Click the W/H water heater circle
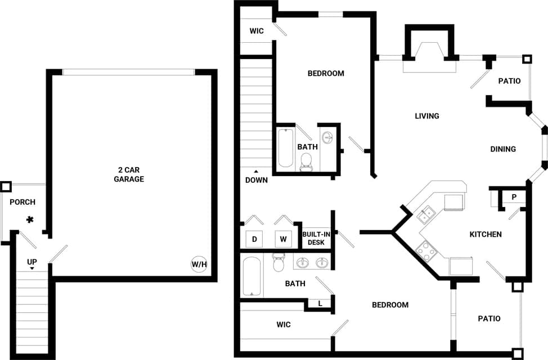(198, 264)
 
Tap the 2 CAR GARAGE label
(131, 174)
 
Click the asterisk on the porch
(29, 220)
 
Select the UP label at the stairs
(32, 262)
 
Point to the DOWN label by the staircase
(257, 180)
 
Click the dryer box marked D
(254, 239)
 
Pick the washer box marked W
(284, 239)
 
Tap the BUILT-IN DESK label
(316, 237)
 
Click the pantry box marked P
(514, 197)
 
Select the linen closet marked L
(320, 304)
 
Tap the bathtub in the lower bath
(252, 277)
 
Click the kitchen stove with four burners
(426, 250)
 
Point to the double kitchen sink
(426, 213)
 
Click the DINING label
(503, 149)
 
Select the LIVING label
(426, 116)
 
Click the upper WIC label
(257, 31)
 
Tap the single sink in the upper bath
(327, 137)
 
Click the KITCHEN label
(485, 234)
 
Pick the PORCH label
(23, 202)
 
